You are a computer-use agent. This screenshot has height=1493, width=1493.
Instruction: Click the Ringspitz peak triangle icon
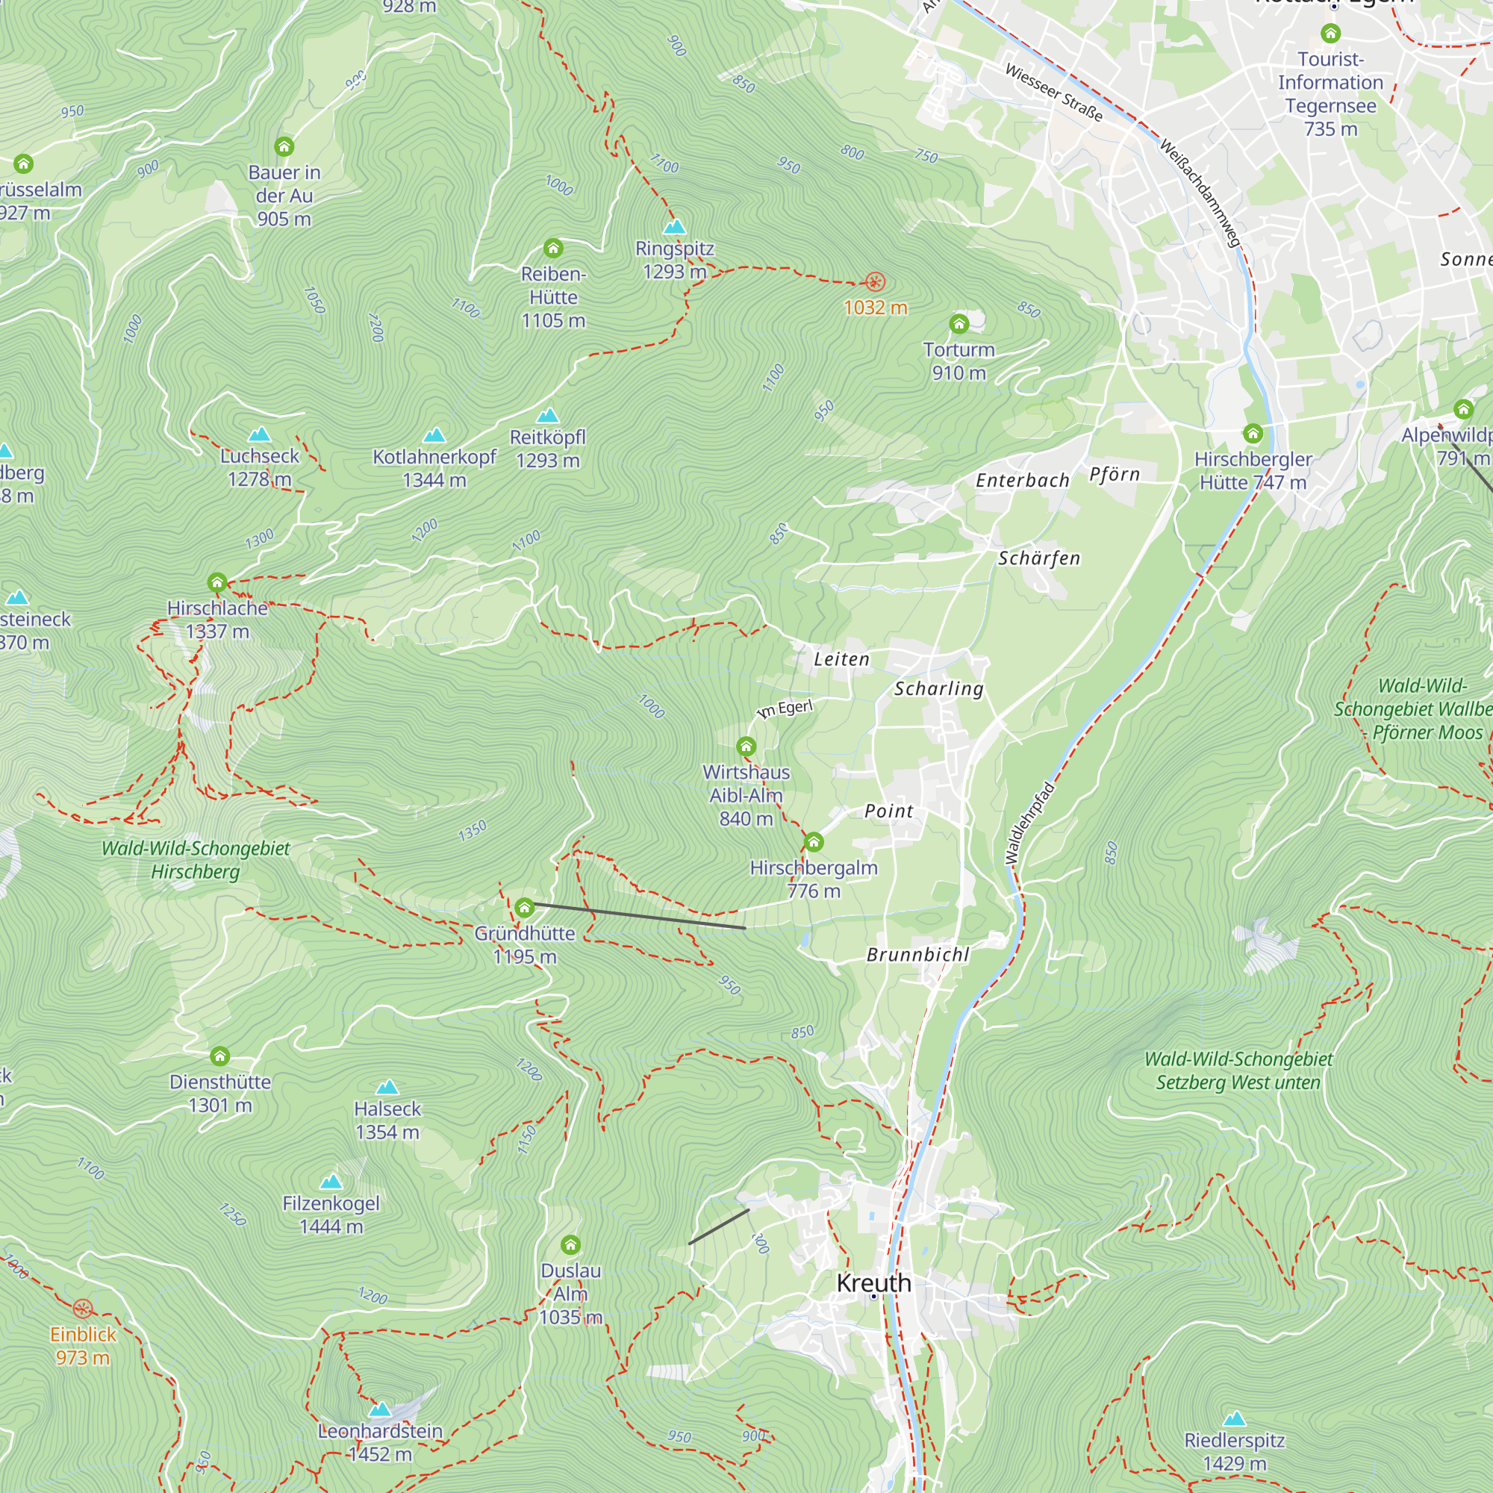[x=675, y=227]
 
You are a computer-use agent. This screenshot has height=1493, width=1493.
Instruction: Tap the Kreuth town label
[x=874, y=1283]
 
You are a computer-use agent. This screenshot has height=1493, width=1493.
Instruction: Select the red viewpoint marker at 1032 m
[x=875, y=282]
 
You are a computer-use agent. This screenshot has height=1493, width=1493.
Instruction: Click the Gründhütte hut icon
[x=525, y=907]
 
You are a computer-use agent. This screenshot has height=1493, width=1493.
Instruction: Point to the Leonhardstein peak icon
[x=379, y=1410]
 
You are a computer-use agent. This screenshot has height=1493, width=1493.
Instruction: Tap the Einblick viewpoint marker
[x=83, y=1309]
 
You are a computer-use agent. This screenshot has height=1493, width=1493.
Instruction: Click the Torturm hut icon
[x=959, y=324]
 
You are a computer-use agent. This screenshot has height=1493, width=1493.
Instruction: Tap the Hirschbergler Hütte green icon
[x=1253, y=434]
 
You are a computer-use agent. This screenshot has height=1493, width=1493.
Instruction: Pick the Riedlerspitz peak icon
[x=1235, y=1419]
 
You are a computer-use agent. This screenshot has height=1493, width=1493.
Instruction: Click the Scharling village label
[x=939, y=688]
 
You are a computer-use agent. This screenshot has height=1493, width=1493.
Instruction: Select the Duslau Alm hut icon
[x=570, y=1245]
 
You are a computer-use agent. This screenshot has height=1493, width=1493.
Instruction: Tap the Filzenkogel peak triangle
[x=331, y=1182]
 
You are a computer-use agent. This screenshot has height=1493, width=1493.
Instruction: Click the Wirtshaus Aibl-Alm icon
[x=746, y=746]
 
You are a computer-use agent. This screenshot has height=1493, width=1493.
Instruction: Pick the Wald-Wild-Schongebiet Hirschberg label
[x=196, y=860]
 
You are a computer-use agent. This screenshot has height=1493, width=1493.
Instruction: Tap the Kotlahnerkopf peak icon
[x=434, y=436]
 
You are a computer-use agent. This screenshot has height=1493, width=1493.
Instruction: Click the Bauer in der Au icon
[x=284, y=147]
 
